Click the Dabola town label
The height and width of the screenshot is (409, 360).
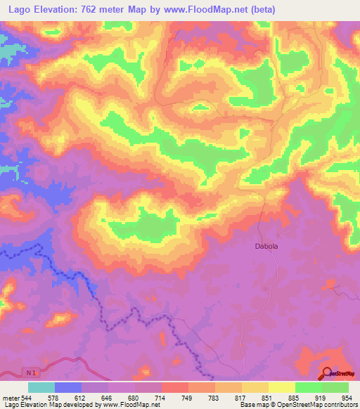(266, 247)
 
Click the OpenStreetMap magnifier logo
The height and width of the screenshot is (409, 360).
(327, 373)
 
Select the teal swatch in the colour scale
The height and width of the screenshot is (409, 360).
(41, 387)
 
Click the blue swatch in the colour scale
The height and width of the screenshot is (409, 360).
(68, 387)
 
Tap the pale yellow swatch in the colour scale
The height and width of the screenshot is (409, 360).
(282, 387)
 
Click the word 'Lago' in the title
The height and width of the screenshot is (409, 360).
(18, 10)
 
